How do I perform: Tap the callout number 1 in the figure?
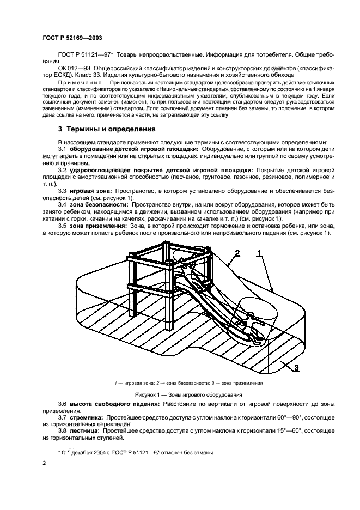click(259, 253)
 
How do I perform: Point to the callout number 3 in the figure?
click(296, 367)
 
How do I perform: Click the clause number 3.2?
click(63, 170)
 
